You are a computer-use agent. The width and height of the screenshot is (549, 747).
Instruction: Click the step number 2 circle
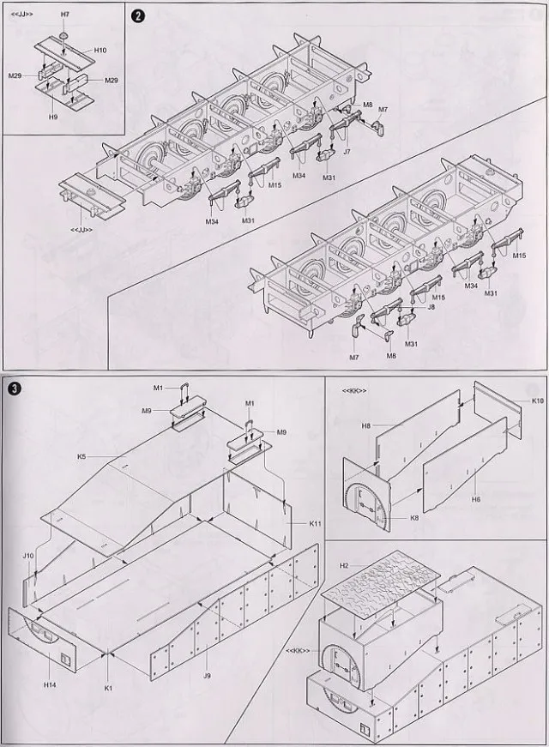tap(136, 16)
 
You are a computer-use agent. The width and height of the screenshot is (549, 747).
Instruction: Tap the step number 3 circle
tap(12, 387)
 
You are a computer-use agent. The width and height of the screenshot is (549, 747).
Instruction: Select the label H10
tap(100, 51)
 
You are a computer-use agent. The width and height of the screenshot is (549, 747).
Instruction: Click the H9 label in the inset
tap(53, 116)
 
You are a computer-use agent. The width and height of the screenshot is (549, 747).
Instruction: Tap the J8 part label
tap(431, 306)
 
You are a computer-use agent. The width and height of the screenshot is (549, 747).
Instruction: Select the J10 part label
tap(28, 556)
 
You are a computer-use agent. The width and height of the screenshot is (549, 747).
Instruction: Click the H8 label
tap(366, 425)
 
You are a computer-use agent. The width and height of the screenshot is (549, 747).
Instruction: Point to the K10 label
tap(537, 401)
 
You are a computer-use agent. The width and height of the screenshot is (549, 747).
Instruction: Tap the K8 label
tap(392, 517)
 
